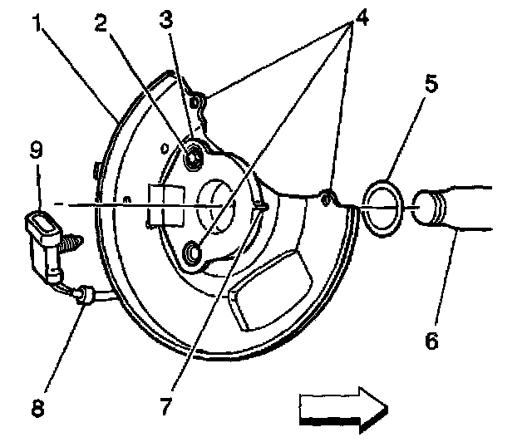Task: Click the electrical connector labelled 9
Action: pos(42,234)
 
